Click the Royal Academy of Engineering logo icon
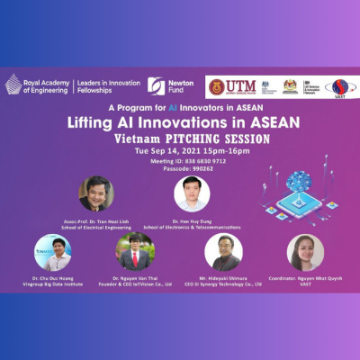click(x=13, y=85)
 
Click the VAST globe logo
click(x=339, y=87)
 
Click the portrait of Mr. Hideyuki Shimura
click(x=223, y=253)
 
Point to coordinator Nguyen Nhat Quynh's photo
click(x=305, y=253)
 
